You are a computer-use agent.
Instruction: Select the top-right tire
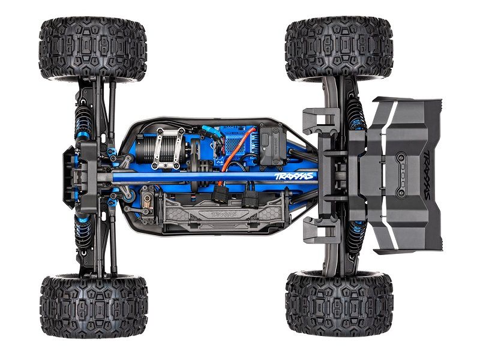coord(338,48)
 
